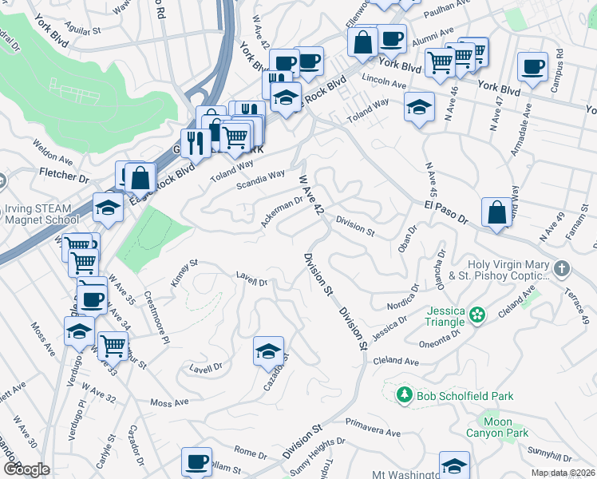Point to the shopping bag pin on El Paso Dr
(496, 213)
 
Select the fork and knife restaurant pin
(195, 144)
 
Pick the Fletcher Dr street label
(61, 172)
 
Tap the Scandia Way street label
(261, 180)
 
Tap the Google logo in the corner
(26, 469)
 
